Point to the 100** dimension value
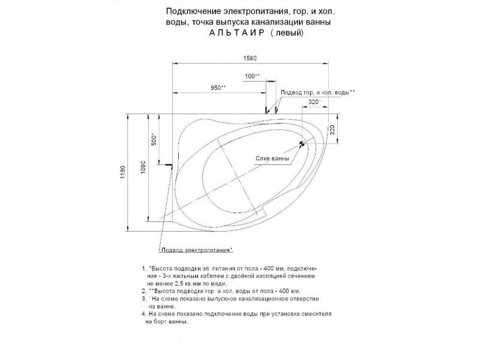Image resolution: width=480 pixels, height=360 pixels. [x=252, y=76]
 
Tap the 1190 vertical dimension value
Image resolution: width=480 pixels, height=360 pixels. [x=122, y=173]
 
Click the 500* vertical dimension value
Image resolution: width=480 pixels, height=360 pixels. [x=154, y=140]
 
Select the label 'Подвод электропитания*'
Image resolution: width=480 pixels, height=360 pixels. [x=196, y=249]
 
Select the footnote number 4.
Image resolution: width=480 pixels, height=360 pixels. [x=143, y=314]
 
